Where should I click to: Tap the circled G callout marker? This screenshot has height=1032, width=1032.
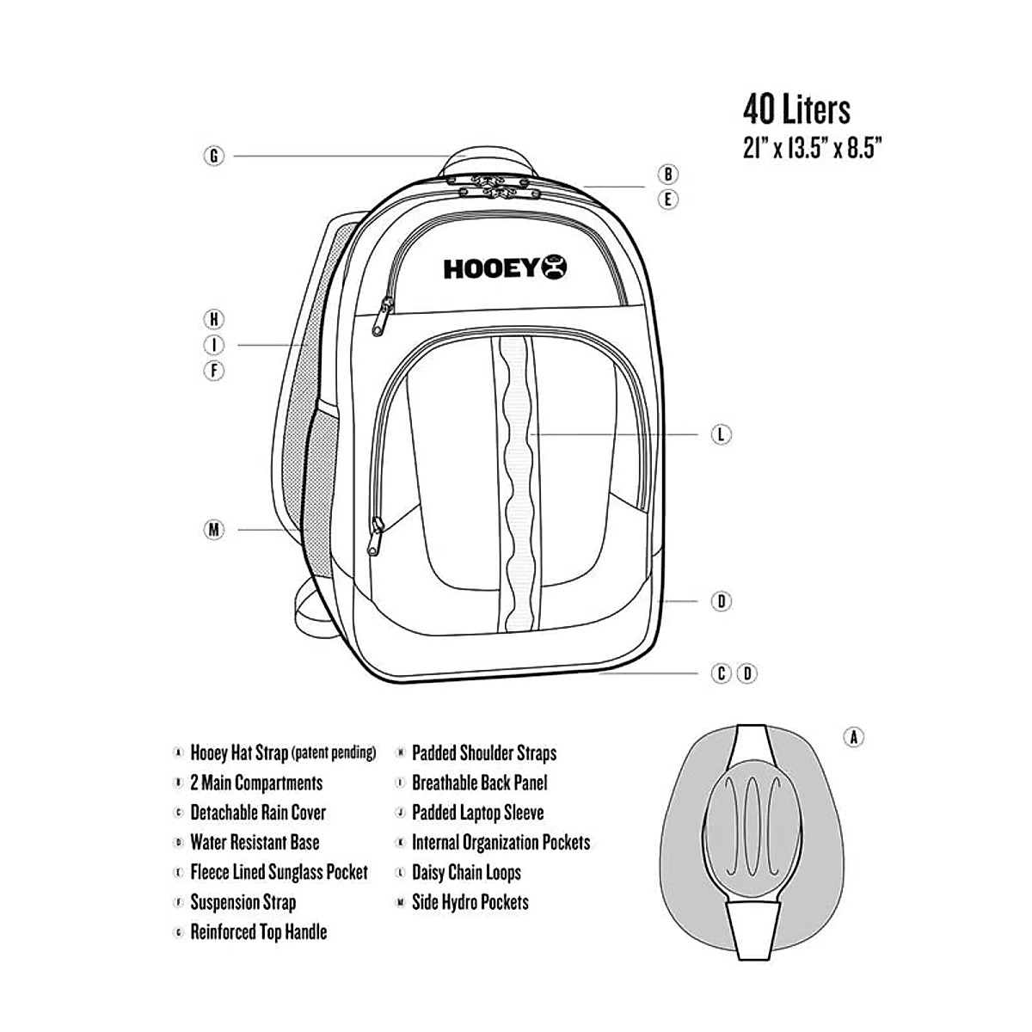tap(214, 156)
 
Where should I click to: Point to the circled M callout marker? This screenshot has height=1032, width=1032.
tap(214, 530)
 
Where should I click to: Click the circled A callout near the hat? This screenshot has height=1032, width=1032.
tap(853, 737)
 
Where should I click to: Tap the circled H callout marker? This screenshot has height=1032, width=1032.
tap(214, 319)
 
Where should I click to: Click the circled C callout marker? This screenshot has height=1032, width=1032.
tap(722, 673)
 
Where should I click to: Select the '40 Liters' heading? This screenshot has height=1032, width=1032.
tap(796, 110)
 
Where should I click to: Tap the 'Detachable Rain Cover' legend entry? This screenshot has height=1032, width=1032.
tap(258, 813)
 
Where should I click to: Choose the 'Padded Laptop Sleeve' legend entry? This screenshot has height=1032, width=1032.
tap(477, 813)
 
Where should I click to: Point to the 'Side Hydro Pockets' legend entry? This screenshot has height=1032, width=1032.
tap(470, 902)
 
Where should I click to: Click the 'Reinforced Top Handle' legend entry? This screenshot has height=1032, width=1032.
tap(258, 932)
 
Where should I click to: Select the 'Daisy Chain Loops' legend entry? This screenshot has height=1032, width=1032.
tap(466, 873)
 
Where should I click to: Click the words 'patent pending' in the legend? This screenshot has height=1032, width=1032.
tap(334, 753)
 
